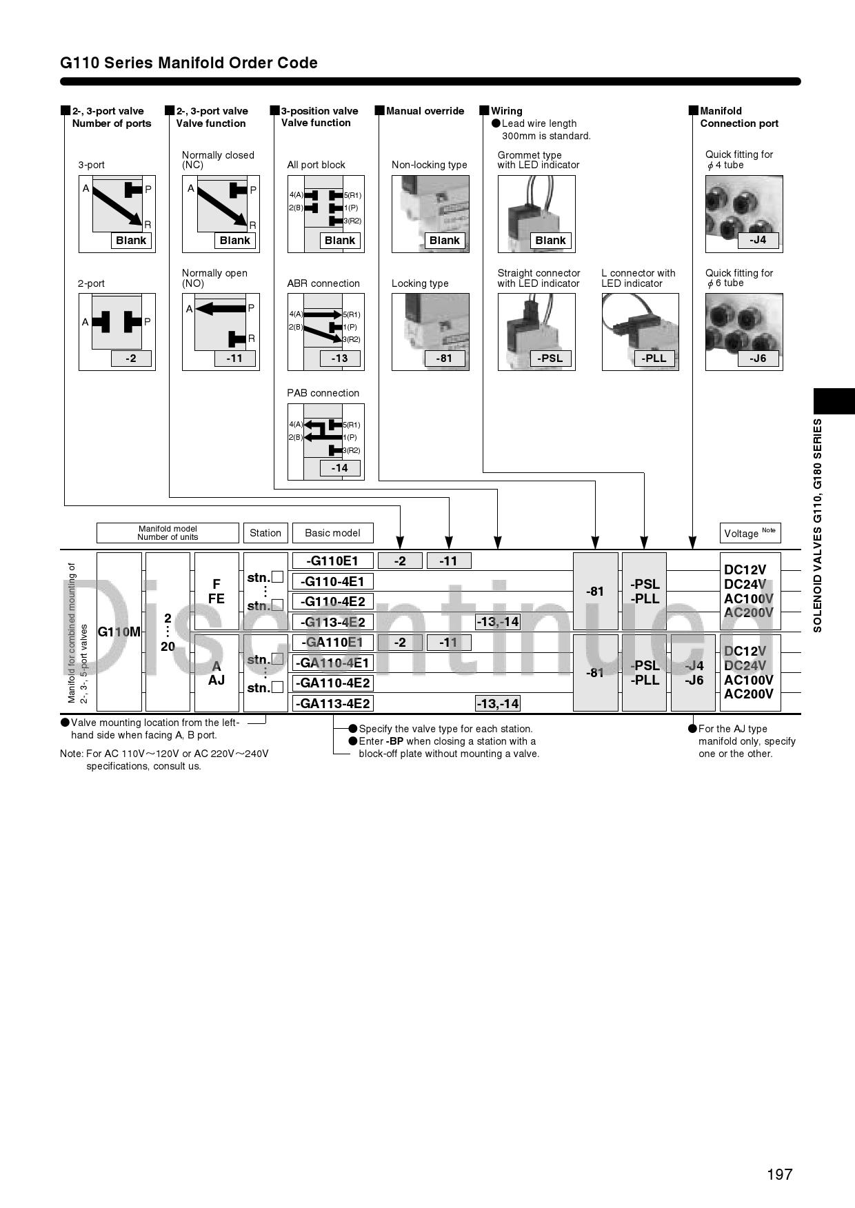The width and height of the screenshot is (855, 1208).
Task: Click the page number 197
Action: [779, 1174]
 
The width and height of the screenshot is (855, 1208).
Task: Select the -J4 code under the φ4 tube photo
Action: [757, 240]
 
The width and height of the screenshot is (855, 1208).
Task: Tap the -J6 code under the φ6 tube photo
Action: [757, 359]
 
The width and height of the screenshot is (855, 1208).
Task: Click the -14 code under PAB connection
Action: [339, 468]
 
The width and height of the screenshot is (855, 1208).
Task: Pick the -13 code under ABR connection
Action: [339, 359]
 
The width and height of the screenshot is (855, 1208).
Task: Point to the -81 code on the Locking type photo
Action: [444, 359]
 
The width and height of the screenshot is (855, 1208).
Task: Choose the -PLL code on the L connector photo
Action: [654, 359]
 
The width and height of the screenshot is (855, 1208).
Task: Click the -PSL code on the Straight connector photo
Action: [550, 359]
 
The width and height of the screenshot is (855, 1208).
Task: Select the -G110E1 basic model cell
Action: [332, 561]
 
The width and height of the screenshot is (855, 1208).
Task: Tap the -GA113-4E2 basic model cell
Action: [332, 703]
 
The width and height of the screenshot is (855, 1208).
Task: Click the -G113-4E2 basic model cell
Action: [332, 622]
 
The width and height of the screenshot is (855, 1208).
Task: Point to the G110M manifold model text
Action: [119, 632]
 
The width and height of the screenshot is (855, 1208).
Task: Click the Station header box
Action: [265, 533]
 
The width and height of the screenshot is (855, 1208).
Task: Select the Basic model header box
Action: [332, 533]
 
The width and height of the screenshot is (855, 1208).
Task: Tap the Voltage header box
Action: [750, 533]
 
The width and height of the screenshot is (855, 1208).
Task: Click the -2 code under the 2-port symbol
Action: [130, 359]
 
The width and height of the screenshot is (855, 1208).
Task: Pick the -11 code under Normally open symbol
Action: [234, 359]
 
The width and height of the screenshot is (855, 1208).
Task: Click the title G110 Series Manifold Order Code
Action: [189, 63]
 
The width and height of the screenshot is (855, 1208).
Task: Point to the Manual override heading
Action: [425, 111]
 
